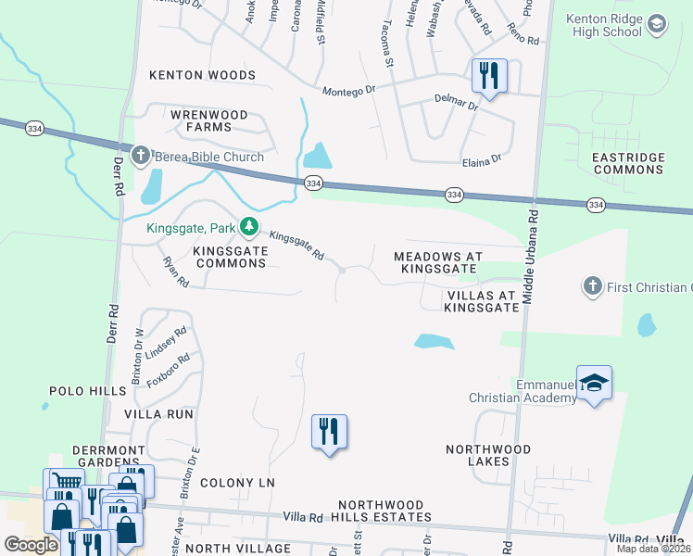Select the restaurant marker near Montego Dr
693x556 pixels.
pos(489,76)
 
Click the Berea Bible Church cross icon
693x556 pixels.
pos(141,156)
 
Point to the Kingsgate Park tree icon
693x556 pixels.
pos(248,226)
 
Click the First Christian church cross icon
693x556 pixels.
pos(593,287)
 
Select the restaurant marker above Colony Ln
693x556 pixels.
pos(329,433)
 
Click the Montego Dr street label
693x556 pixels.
pos(348,91)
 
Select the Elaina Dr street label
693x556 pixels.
pos(482,160)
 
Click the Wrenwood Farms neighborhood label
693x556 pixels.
pos(196,121)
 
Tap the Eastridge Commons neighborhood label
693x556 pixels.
pos(629,163)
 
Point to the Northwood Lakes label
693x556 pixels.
pos(489,455)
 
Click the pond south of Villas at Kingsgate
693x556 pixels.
pos(434,342)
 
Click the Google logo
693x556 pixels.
pos(31,545)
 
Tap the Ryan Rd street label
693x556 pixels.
pos(175,272)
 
